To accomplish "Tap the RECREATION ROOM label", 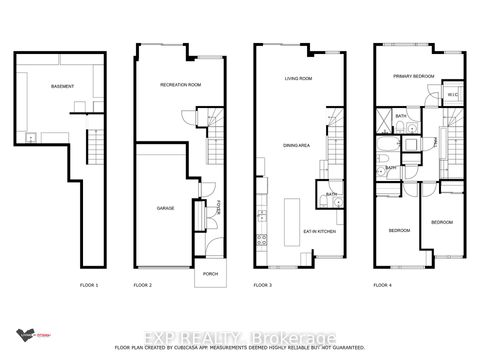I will pos(180,85).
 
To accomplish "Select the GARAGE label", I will pos(166,209).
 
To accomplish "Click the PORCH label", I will pos(210,273).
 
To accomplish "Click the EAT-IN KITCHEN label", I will pos(317,232).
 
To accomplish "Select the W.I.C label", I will pos(451,95).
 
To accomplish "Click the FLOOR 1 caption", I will pos(90,286).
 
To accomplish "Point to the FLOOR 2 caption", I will pos(143,286).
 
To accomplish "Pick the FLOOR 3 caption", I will pos(262,286).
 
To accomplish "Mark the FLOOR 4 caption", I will pos(383,286).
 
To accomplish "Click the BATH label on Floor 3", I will pos(331,194).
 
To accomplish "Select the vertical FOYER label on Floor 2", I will pos(218,213).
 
